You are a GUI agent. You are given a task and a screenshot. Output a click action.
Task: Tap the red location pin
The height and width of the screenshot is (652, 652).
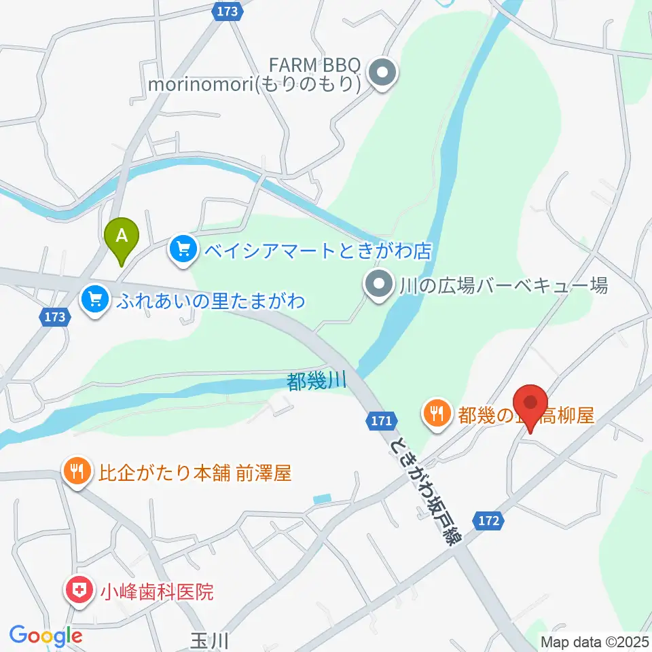(x=532, y=405)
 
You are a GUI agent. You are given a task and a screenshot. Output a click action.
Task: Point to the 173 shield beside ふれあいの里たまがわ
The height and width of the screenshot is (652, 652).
(x=55, y=316)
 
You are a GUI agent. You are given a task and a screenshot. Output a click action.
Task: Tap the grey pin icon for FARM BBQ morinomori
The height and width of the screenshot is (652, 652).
(x=382, y=72)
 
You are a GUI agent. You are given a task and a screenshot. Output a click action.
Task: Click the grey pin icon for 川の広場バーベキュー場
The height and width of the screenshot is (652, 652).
(x=377, y=285)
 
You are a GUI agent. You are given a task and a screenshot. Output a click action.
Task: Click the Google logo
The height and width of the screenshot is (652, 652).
(x=46, y=636)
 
